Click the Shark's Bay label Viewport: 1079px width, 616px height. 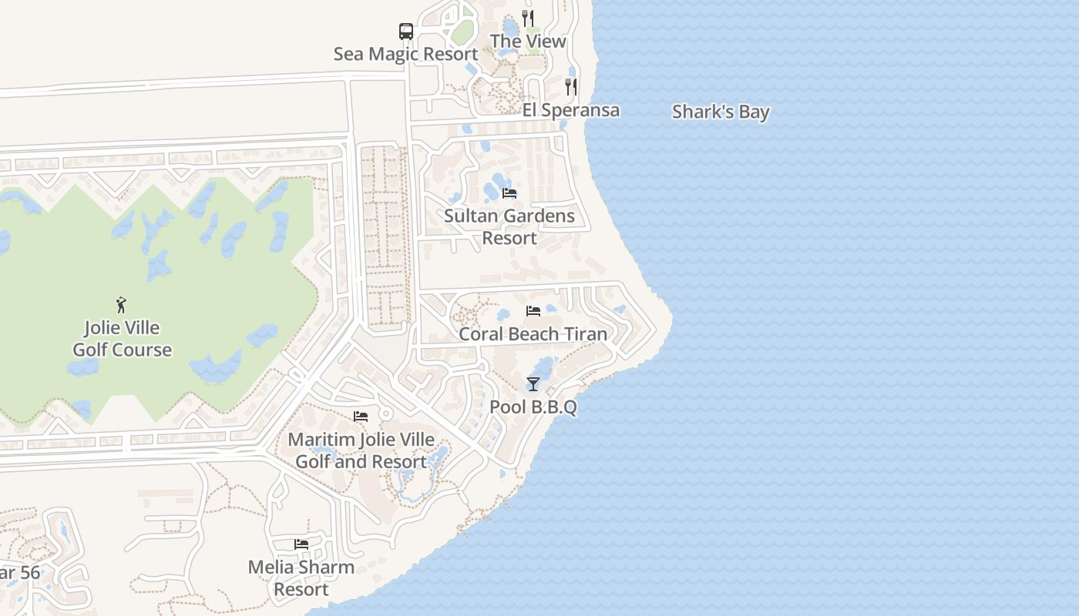coord(721,112)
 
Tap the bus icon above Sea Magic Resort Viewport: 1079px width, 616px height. coord(406,32)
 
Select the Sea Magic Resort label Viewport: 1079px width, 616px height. coord(405,54)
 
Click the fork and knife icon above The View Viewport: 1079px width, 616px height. coord(528,18)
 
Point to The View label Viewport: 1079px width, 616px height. coord(528,41)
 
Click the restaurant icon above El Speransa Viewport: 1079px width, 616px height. coord(571,86)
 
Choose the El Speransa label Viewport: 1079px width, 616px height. coord(570,110)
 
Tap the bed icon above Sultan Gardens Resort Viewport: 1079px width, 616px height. coord(509,193)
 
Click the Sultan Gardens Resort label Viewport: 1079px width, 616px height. coord(509,226)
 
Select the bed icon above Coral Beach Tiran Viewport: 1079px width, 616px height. coord(533,311)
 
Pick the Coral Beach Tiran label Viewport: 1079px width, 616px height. coord(533,334)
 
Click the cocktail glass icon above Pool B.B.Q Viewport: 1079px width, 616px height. coord(533,384)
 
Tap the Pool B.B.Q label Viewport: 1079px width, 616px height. coord(533,407)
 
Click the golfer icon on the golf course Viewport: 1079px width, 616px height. coord(121,305)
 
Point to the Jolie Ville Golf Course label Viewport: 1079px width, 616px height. coord(122,339)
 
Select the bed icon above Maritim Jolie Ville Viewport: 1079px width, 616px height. coord(361,417)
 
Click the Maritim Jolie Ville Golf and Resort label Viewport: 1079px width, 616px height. coord(361,450)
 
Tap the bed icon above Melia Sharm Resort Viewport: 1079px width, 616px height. coord(301,544)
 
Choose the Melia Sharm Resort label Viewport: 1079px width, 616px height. coord(301,578)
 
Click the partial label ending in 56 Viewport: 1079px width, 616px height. coord(19,574)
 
